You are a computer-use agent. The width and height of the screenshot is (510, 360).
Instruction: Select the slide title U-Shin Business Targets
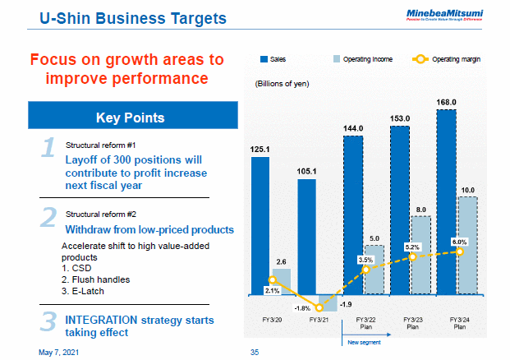click(134, 17)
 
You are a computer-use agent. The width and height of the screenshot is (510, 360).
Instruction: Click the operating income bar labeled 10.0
click(466, 245)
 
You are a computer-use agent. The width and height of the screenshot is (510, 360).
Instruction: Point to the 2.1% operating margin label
click(272, 290)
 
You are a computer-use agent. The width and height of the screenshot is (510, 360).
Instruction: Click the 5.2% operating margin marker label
click(412, 247)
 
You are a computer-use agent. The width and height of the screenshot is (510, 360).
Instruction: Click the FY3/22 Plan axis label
click(365, 321)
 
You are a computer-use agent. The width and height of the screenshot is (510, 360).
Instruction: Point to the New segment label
click(362, 341)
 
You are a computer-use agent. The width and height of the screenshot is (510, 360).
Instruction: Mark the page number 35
click(254, 352)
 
